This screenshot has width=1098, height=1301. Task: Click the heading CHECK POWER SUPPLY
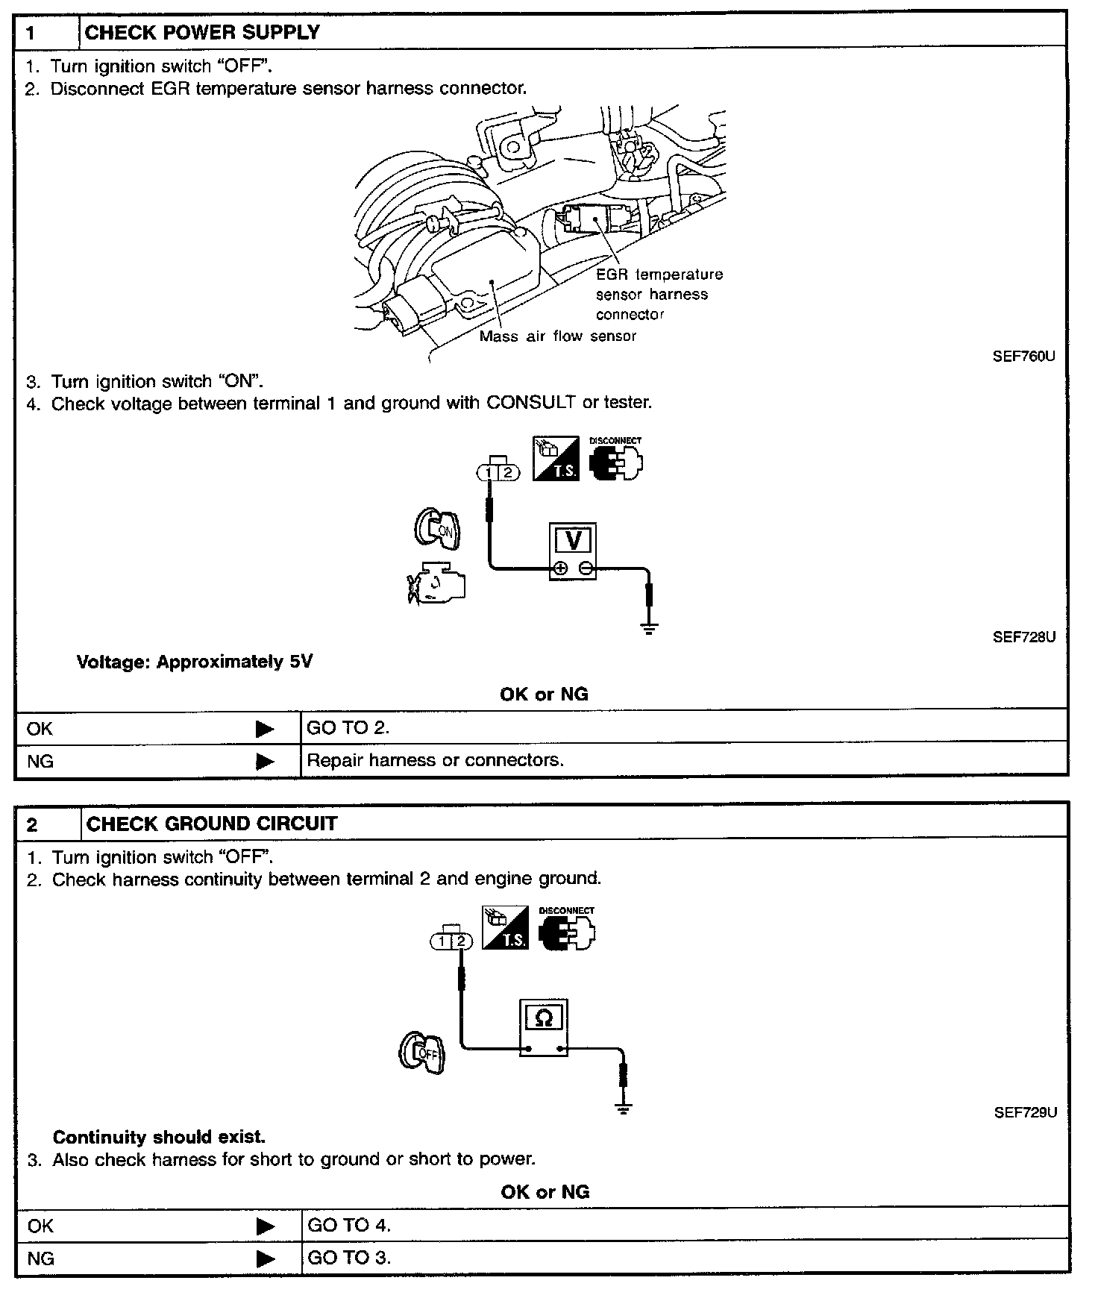(x=202, y=33)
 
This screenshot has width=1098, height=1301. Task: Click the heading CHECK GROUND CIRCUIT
(x=212, y=824)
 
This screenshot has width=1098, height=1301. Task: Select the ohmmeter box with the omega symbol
(x=544, y=1028)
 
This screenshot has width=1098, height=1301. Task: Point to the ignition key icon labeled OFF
(x=422, y=1053)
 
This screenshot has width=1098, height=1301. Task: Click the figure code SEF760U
(x=1023, y=357)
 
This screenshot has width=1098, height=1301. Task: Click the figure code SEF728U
(x=1023, y=637)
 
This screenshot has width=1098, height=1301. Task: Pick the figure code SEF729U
(x=1025, y=1112)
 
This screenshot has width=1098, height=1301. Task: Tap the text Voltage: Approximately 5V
(x=195, y=662)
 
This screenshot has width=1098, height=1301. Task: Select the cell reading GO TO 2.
(x=348, y=728)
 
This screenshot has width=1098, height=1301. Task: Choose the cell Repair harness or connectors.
(x=435, y=760)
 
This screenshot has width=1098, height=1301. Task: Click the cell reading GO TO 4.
(x=349, y=1225)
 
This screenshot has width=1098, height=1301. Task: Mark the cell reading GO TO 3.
(x=349, y=1258)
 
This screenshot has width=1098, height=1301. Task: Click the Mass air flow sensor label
(x=558, y=336)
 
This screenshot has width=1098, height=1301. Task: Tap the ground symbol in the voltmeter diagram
(x=650, y=628)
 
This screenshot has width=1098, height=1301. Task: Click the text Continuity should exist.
(x=159, y=1138)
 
